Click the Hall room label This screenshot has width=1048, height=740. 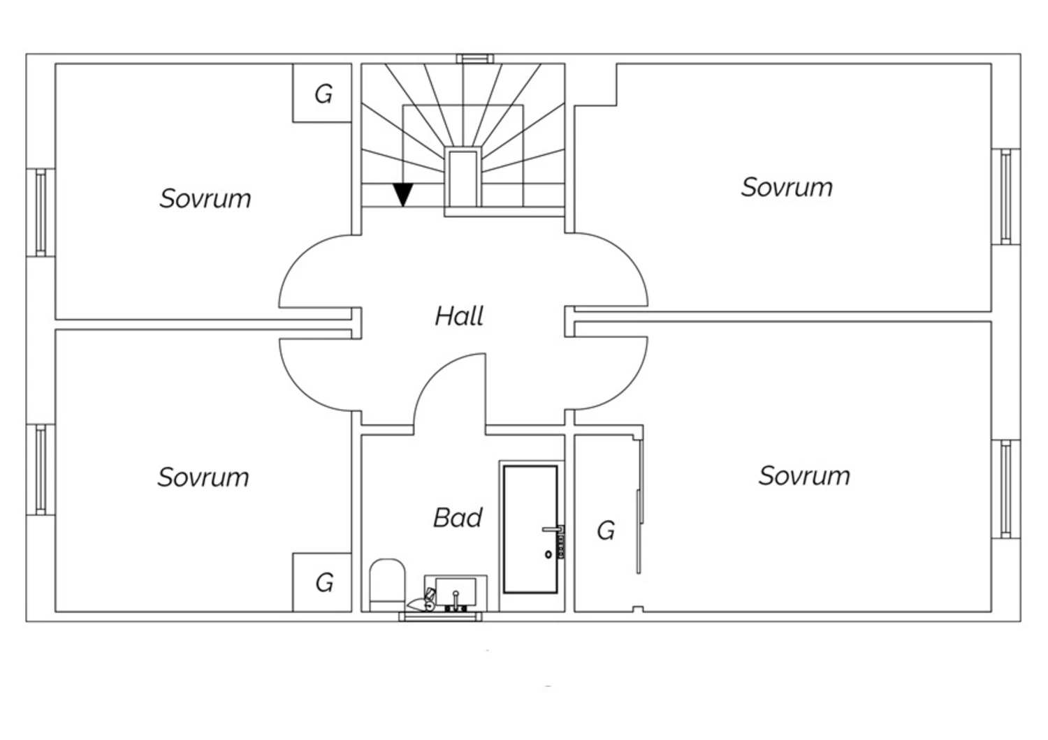(x=459, y=316)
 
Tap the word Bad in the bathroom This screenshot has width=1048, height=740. (x=458, y=517)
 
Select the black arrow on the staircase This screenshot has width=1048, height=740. (x=403, y=194)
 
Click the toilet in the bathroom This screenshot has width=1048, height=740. (x=387, y=583)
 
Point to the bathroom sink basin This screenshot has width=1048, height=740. (x=455, y=592)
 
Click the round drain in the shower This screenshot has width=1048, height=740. (x=548, y=554)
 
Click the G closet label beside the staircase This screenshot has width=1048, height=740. (x=323, y=94)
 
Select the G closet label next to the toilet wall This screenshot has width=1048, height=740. (x=323, y=582)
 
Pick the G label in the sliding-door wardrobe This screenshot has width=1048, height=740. (x=606, y=531)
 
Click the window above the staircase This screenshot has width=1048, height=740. (x=475, y=59)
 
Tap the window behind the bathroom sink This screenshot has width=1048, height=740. (x=440, y=616)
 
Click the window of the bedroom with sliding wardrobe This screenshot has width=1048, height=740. (x=1005, y=489)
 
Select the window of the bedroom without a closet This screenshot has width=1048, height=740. (x=1005, y=196)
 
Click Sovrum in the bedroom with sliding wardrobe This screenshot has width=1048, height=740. (x=804, y=476)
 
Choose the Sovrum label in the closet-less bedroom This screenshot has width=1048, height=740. (x=787, y=187)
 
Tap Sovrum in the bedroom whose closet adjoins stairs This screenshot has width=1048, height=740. (x=205, y=199)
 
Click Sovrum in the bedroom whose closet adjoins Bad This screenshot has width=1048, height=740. (x=203, y=478)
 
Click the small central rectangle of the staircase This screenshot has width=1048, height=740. (x=462, y=177)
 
